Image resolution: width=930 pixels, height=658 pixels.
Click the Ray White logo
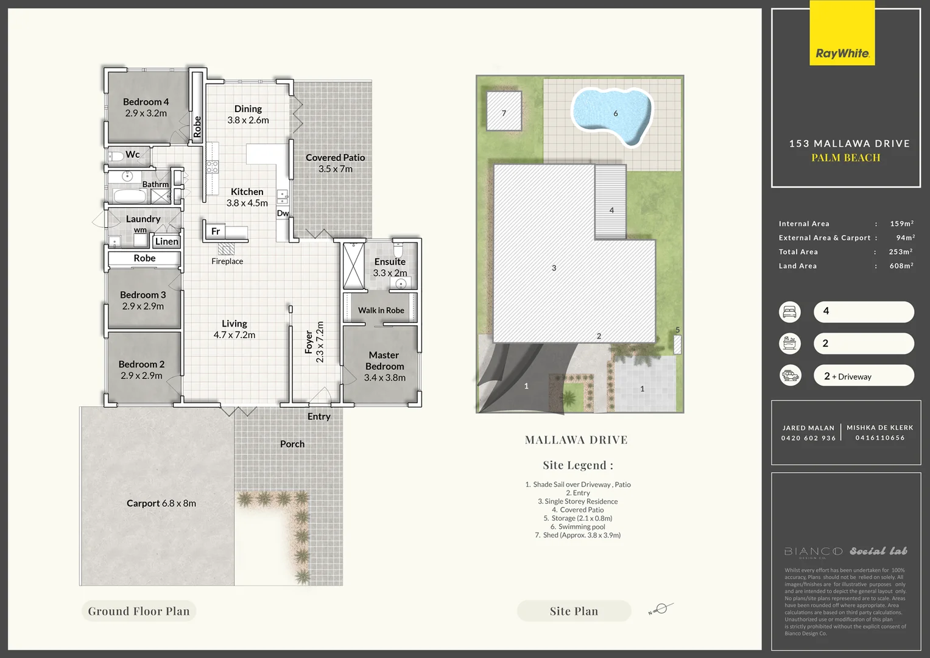click(x=842, y=53)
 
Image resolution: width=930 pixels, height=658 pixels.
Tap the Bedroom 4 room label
click(x=146, y=102)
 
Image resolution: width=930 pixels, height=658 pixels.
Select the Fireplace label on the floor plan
click(x=227, y=261)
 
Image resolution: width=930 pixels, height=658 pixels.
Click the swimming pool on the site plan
click(x=611, y=115)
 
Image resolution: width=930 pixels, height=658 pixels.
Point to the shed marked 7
click(x=504, y=111)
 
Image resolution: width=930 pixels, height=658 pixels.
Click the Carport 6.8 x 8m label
click(x=161, y=503)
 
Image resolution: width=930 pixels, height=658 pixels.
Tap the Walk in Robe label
click(x=381, y=310)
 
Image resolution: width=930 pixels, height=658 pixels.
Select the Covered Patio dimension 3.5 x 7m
click(x=335, y=169)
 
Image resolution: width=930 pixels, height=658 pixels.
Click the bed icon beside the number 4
click(x=790, y=312)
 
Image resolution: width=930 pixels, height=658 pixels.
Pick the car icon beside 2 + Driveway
click(x=790, y=375)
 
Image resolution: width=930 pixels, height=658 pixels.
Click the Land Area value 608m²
click(x=901, y=266)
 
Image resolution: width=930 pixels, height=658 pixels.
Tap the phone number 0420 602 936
click(x=808, y=438)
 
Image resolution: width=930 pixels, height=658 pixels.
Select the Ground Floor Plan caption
click(x=139, y=611)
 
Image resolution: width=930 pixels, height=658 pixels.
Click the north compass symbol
click(x=662, y=609)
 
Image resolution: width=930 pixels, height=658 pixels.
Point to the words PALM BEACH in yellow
click(x=845, y=158)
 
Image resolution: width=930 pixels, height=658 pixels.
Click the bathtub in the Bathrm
click(x=130, y=196)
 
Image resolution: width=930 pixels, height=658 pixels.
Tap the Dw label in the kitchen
click(x=283, y=213)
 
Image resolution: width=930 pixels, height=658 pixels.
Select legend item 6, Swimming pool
click(x=577, y=526)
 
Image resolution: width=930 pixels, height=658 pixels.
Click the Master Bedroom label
click(x=384, y=361)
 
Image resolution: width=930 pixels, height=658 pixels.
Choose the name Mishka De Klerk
click(x=879, y=428)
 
